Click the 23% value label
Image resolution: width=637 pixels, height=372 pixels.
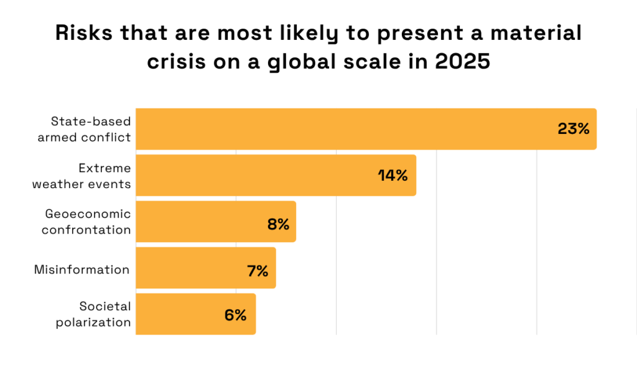tap(573, 129)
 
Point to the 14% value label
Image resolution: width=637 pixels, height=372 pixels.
tap(393, 176)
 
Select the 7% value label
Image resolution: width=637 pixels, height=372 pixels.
tap(257, 271)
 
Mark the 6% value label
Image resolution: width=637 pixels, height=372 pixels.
tap(236, 315)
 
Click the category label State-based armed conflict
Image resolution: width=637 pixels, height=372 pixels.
tap(84, 129)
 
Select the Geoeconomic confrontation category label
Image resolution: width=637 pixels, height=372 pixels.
tap(86, 221)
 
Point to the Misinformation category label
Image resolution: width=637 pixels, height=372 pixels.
tap(81, 269)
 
